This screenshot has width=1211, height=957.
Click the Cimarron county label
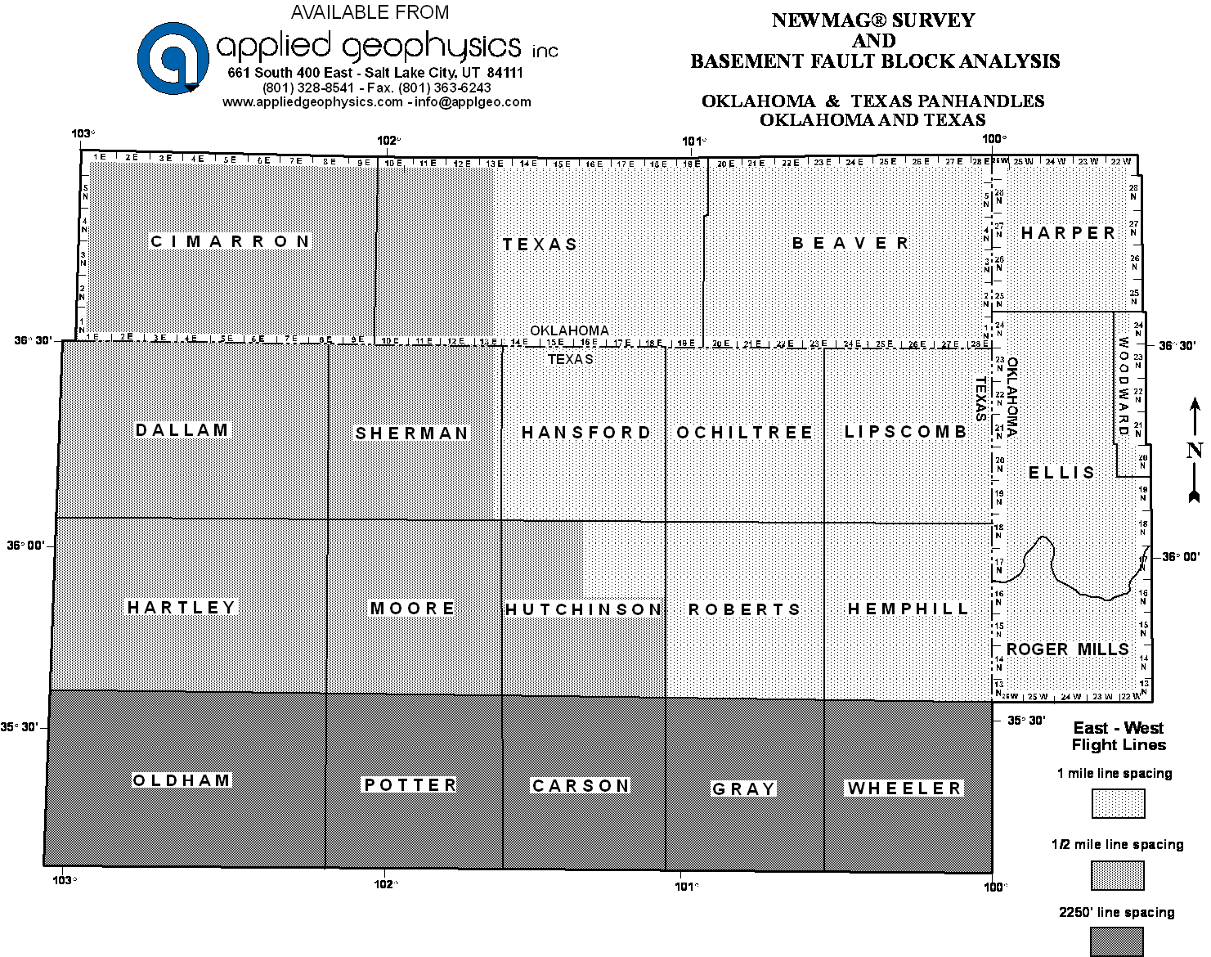[x=231, y=241]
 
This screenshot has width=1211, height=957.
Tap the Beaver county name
[x=850, y=243]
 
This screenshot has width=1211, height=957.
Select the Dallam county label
[x=182, y=430]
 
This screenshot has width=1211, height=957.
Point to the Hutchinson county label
[x=583, y=609]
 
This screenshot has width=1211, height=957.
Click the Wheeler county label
[x=905, y=789]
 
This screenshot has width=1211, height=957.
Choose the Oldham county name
[x=182, y=780]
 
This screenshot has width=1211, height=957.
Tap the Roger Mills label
[x=1067, y=649]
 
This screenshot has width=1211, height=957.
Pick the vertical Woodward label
[x=1124, y=386]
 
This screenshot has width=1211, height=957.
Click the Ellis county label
[x=1061, y=473]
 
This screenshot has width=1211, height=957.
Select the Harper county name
[x=1068, y=233]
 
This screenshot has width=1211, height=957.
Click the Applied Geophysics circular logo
[x=173, y=57]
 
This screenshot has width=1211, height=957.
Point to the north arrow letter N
[x=1195, y=451]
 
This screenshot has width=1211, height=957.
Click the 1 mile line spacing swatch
[x=1118, y=803]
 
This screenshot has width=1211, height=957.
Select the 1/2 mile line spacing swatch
[x=1118, y=875]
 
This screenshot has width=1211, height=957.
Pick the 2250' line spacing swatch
[x=1118, y=942]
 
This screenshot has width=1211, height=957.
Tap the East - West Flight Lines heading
[x=1118, y=736]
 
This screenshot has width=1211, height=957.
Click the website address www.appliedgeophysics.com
[x=312, y=102]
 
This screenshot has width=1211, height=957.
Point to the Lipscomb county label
[x=906, y=431]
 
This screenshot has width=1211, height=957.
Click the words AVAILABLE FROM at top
[x=370, y=12]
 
